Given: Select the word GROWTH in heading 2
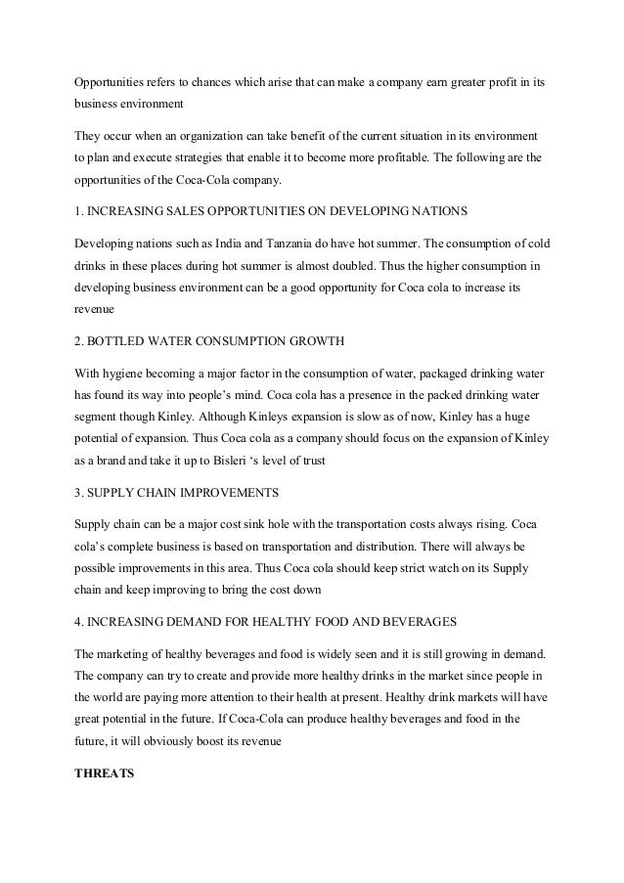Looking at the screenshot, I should pyautogui.click(x=319, y=340).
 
